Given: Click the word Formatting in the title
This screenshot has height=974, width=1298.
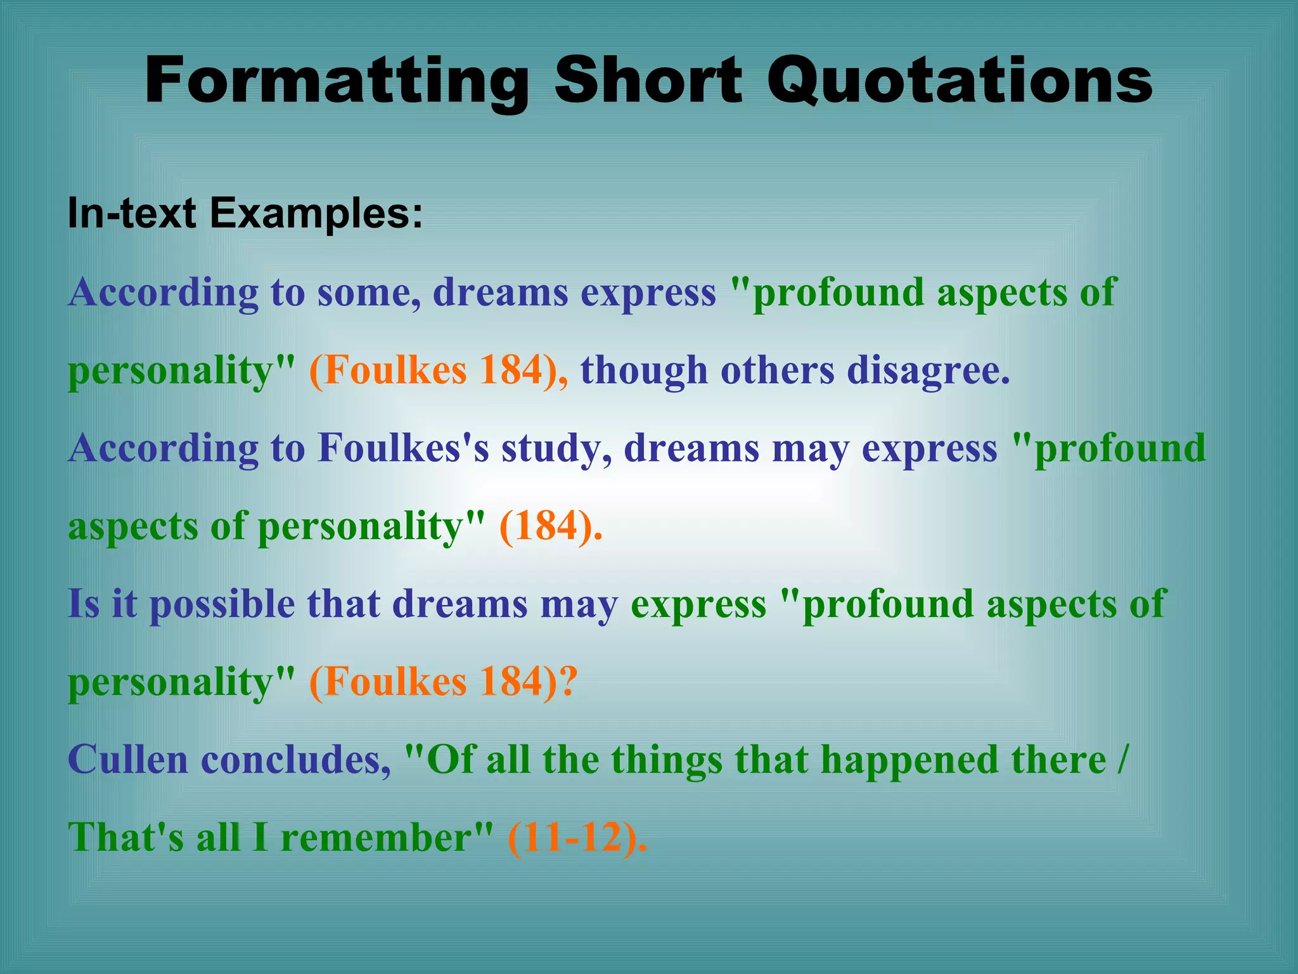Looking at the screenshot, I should pyautogui.click(x=336, y=81).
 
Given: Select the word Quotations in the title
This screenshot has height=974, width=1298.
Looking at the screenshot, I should pyautogui.click(x=960, y=81).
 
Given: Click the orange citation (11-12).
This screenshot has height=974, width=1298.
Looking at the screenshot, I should pyautogui.click(x=577, y=837).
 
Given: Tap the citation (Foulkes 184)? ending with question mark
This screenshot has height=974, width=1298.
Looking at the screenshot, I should pyautogui.click(x=443, y=682).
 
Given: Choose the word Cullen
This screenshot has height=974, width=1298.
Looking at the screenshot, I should pyautogui.click(x=127, y=760).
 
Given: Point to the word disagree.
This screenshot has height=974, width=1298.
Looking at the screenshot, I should pyautogui.click(x=928, y=370).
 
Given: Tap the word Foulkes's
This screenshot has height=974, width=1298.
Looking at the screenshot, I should pyautogui.click(x=403, y=448).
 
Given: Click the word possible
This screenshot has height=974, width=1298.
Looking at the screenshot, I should pyautogui.click(x=222, y=604).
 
